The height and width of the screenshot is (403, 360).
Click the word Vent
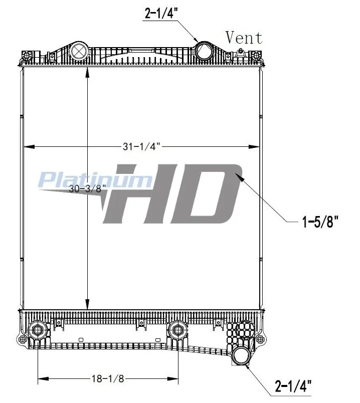[244, 38]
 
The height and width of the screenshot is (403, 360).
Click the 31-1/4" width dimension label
[141, 146]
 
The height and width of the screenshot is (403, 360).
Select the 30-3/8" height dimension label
[87, 188]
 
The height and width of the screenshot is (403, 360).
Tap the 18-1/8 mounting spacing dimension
[108, 378]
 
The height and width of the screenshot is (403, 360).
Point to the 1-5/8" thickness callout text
[320, 222]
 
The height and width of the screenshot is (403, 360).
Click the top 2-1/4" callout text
[161, 13]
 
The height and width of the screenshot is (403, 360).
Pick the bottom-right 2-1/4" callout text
[293, 386]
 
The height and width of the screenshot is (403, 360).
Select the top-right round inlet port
[204, 51]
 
